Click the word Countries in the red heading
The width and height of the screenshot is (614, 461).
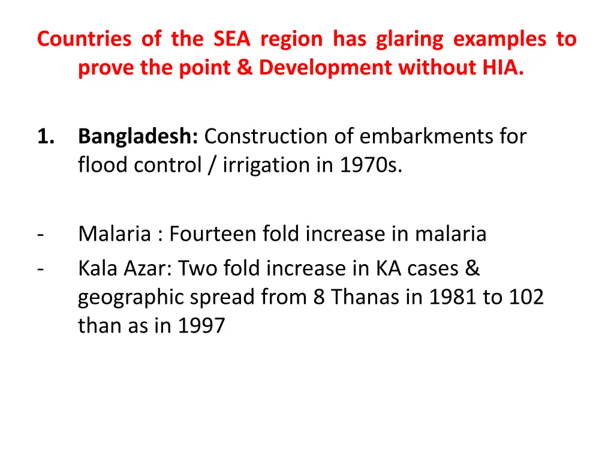[84, 39]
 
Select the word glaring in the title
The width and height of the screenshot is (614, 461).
[410, 39]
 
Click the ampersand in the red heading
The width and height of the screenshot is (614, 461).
[244, 68]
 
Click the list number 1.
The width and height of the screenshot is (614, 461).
[46, 137]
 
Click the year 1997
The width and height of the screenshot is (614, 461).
[201, 325]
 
